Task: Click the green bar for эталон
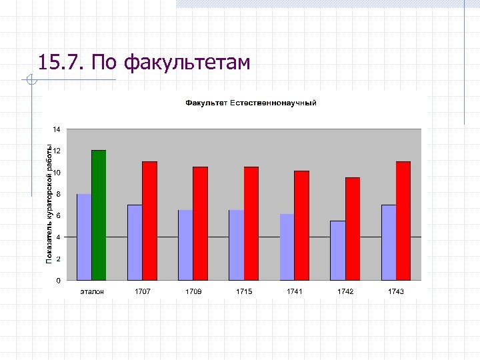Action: [x=99, y=215]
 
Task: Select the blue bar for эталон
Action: [x=84, y=237]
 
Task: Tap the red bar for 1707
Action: [x=149, y=221]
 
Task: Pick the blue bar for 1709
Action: [x=185, y=245]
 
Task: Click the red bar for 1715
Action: [x=251, y=223]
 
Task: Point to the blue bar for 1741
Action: [x=287, y=247]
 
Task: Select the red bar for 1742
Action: [x=352, y=229]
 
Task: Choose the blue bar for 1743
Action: [x=388, y=242]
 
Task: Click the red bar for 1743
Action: [x=403, y=221]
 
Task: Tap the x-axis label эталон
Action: [x=92, y=292]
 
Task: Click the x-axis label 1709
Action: [x=193, y=292]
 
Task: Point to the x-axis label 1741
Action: [x=294, y=292]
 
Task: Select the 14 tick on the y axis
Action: [x=57, y=129]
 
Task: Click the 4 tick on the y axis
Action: [x=58, y=237]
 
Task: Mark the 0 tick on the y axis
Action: [x=58, y=281]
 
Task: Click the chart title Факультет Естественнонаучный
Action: [x=251, y=103]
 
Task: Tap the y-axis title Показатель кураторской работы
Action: [x=49, y=204]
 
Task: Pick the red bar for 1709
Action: [x=200, y=223]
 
